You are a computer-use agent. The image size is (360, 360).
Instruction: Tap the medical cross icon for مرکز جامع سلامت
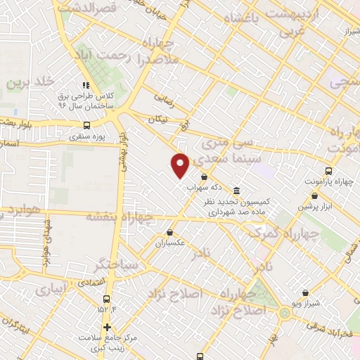[x=106, y=327]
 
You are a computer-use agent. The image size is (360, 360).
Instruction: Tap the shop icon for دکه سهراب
[x=204, y=177]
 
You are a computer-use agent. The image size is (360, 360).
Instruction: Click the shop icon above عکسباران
[x=169, y=232]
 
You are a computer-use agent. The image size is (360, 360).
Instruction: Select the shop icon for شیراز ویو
[x=305, y=292]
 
